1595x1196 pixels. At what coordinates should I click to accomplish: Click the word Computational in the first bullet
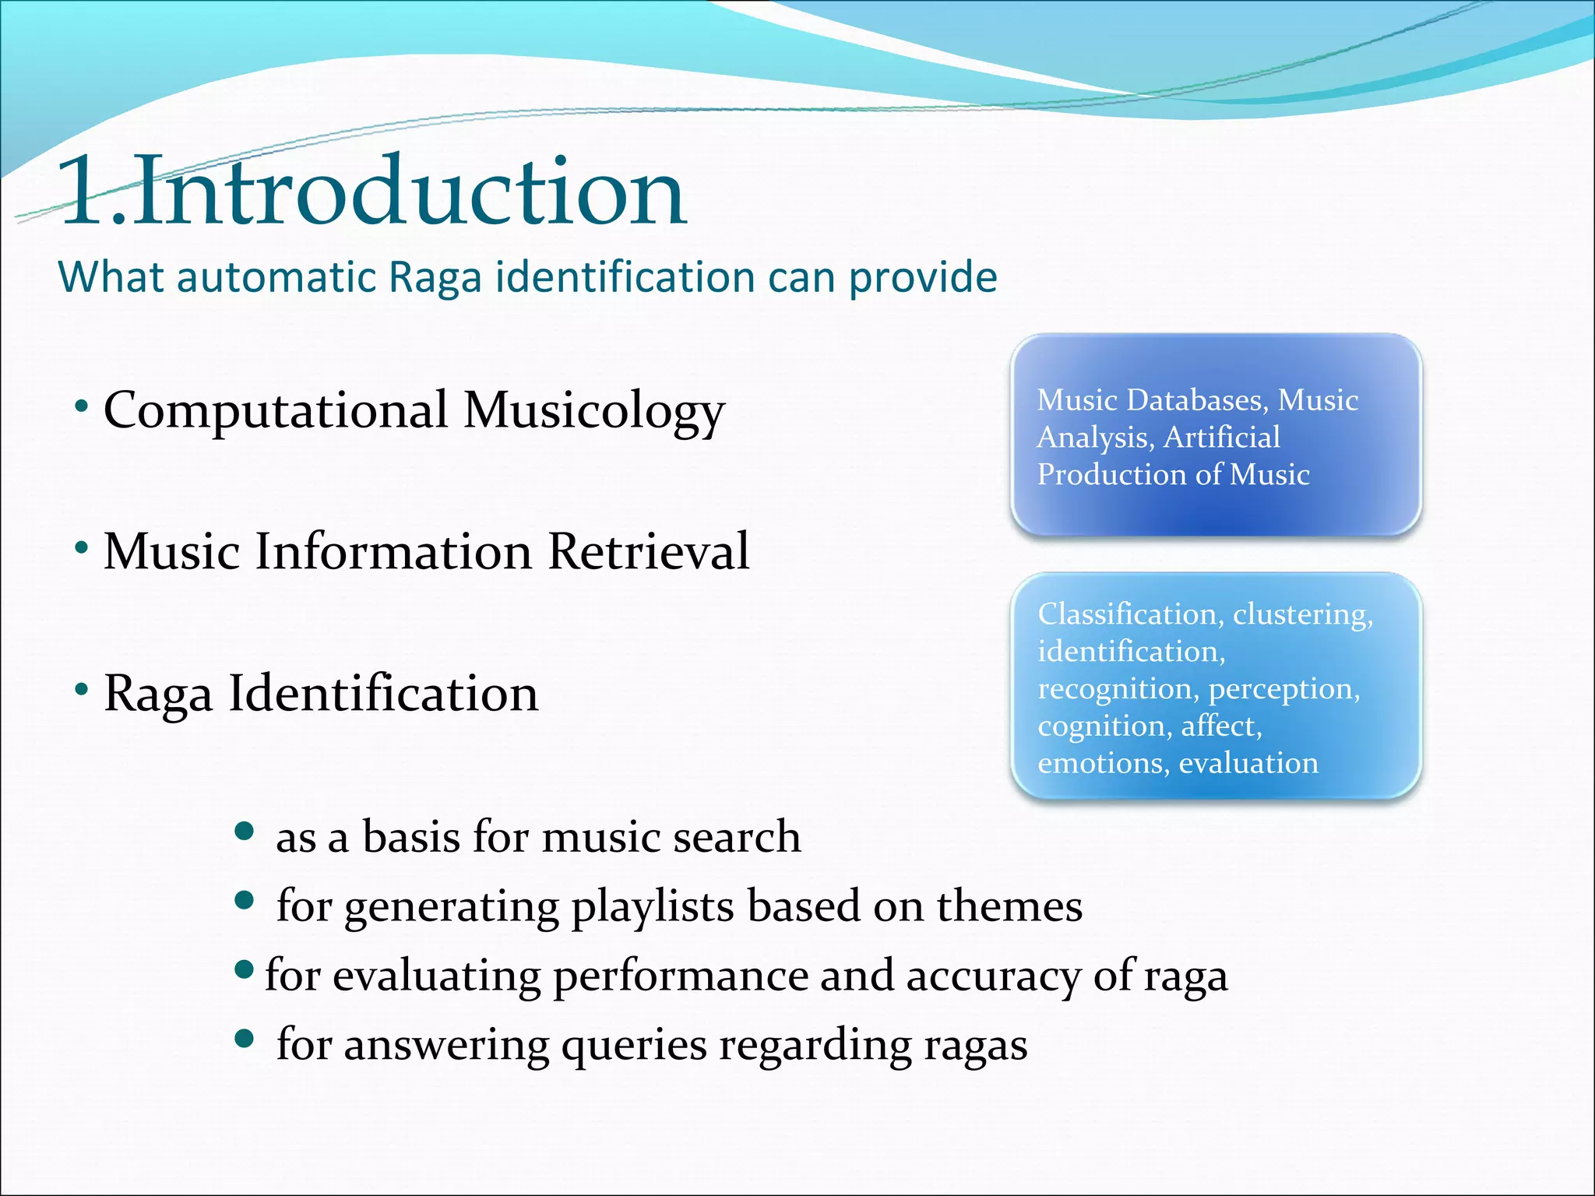point(276,410)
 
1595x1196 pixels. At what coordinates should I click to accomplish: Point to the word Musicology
point(593,411)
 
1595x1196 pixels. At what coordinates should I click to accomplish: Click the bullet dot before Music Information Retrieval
point(82,548)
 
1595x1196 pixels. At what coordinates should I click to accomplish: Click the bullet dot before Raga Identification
point(82,689)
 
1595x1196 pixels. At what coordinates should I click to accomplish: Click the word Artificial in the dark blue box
point(1221,437)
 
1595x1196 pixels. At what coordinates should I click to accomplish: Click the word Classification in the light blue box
point(1128,614)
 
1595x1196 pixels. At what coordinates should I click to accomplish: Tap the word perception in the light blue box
point(1283,689)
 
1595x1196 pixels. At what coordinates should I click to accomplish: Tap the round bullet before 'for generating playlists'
point(245,902)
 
